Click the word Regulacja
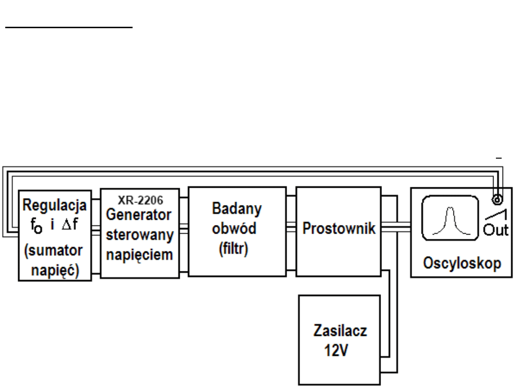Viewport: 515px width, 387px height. (55, 206)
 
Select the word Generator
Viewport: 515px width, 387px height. (139, 215)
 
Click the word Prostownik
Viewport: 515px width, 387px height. (339, 228)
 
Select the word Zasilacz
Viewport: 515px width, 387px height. (340, 331)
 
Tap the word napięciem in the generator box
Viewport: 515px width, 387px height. (139, 254)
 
